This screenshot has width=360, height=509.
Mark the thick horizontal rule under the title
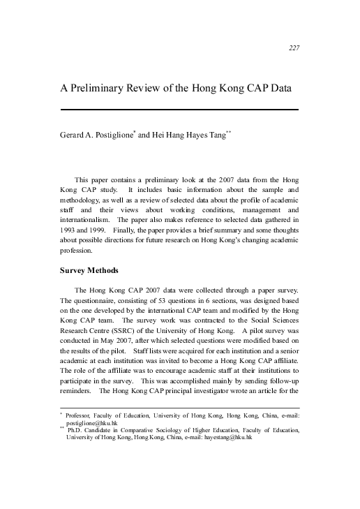180,110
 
